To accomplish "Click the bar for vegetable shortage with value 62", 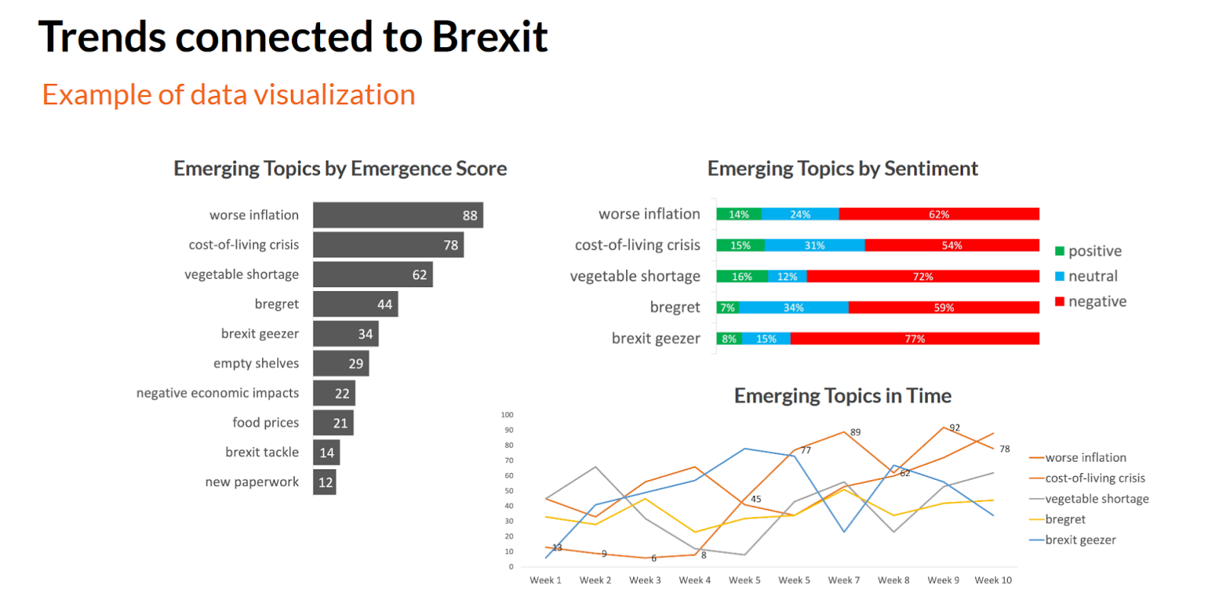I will coord(373,274).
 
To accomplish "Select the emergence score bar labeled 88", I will coord(398,215).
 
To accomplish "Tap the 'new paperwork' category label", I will coord(252,482).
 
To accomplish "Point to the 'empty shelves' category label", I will coord(256,363).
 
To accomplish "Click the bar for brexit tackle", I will coord(326,453).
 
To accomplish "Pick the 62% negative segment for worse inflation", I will coord(939,214).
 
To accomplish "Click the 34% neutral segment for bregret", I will coord(793,308).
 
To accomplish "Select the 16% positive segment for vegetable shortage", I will coord(741,277).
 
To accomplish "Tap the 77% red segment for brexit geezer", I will coord(914,339).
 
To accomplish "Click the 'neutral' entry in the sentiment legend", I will coord(1092,277).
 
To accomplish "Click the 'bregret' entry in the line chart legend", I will coord(1064,520).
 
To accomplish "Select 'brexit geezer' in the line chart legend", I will coord(1080,540).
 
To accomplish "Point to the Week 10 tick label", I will coord(993,581).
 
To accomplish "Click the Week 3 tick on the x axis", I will coord(645,581).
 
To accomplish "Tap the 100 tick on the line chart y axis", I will coord(507,415).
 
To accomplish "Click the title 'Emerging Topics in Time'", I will coord(843,396).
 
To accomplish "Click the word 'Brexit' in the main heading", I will coord(490,37).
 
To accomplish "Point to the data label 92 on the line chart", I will coord(955,428).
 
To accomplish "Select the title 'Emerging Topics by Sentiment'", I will coord(843,168).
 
